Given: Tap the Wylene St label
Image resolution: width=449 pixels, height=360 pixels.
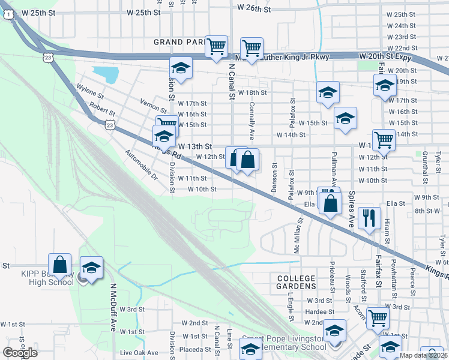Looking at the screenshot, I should click(90, 91).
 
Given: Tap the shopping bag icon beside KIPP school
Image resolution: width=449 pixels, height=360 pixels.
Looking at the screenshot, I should click(60, 264).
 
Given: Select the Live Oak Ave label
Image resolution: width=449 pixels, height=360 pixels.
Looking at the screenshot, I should click(139, 353).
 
